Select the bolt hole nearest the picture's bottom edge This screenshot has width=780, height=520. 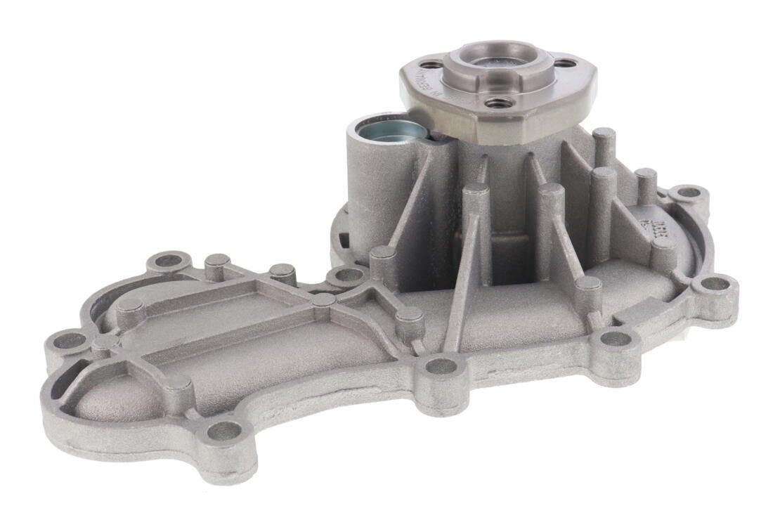[223, 431]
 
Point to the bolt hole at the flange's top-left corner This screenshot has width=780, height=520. [167, 261]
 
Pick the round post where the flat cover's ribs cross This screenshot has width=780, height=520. [323, 300]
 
